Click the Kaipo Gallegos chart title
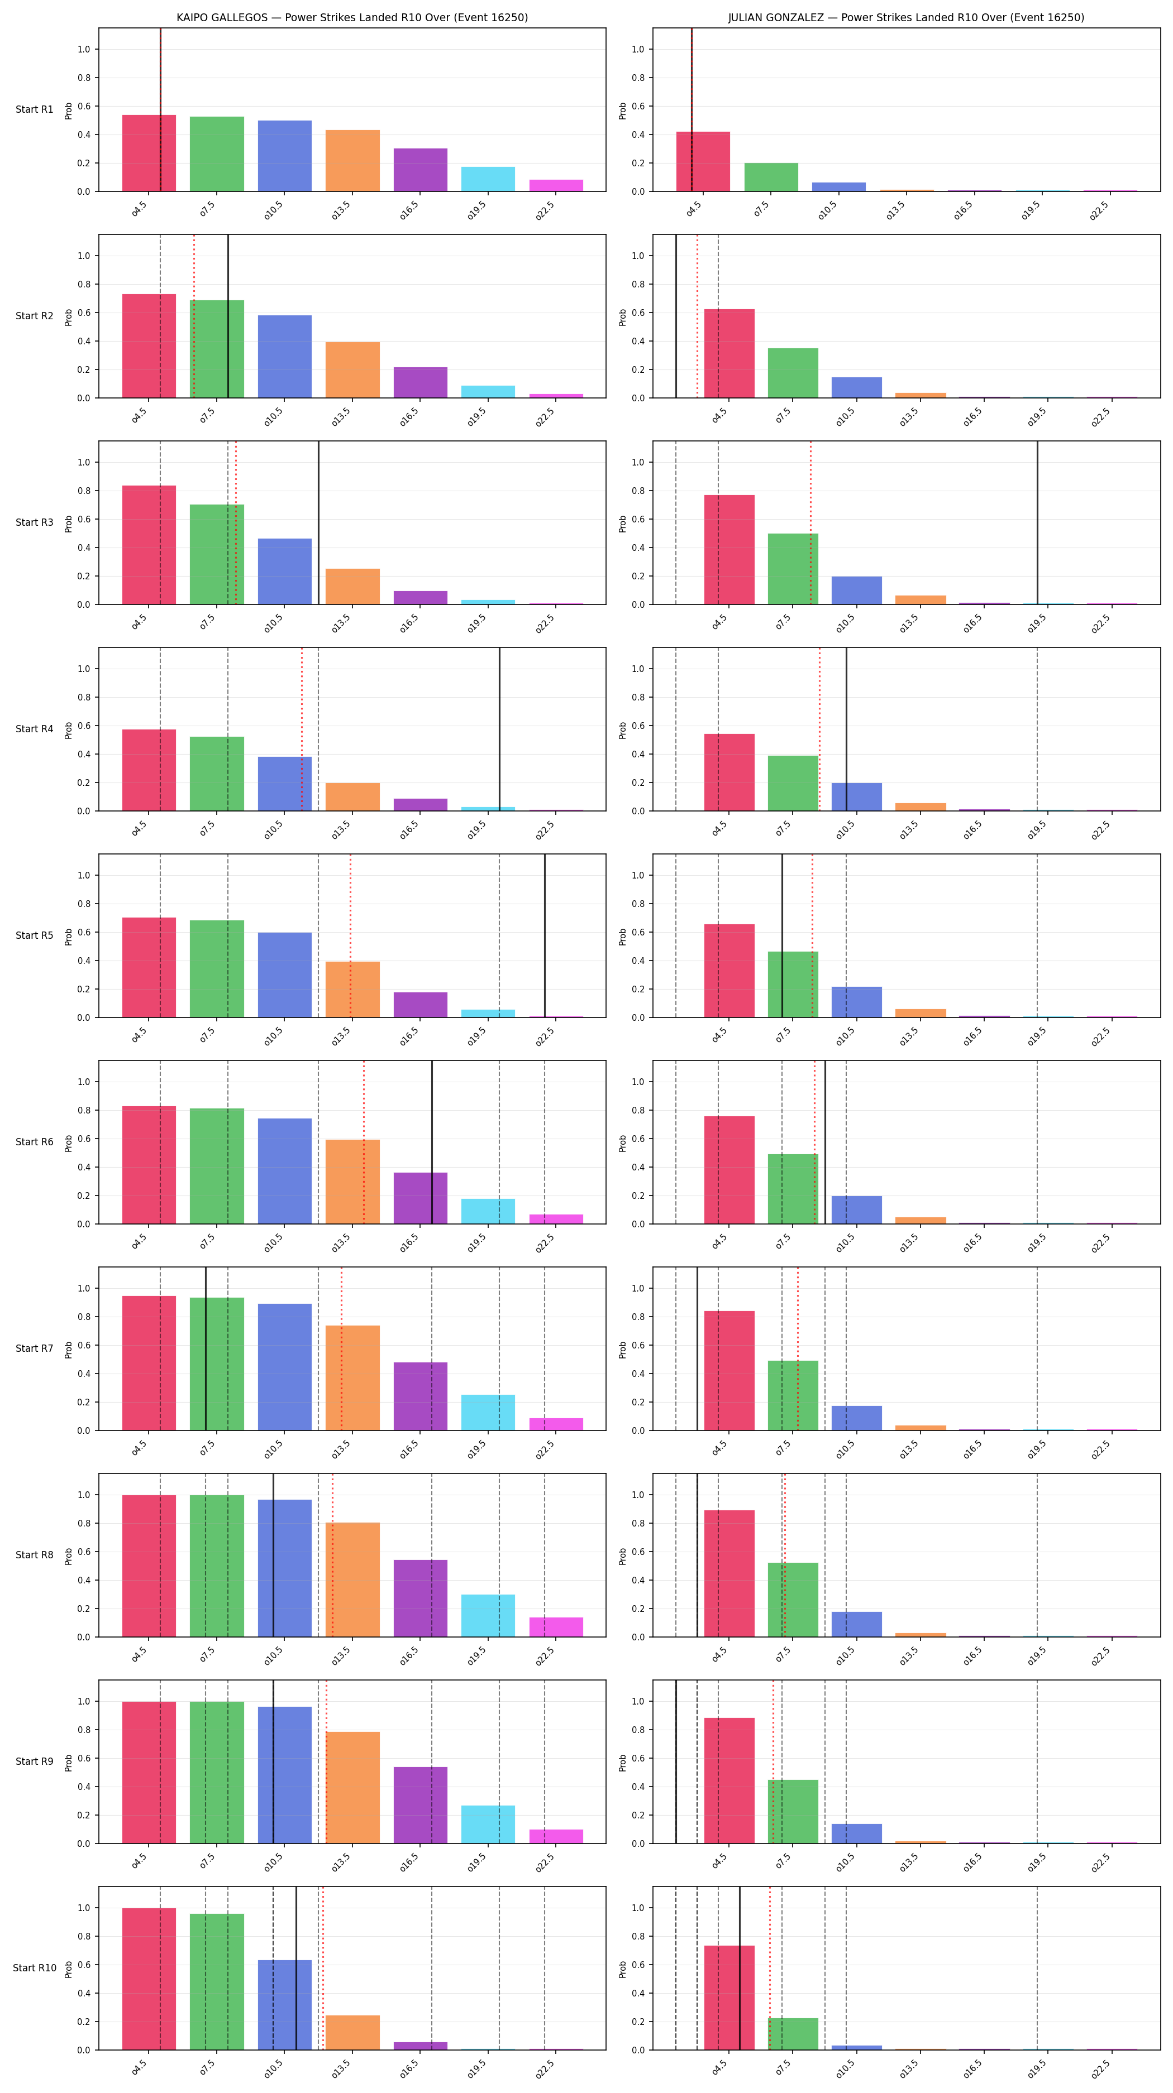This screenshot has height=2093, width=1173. tap(352, 17)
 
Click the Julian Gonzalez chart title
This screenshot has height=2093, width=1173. tap(905, 17)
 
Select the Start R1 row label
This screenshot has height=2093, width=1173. tap(34, 110)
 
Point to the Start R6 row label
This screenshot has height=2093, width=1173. tap(34, 1141)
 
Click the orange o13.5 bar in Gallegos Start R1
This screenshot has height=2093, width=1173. tap(352, 161)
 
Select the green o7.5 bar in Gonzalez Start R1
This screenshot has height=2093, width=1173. tap(771, 177)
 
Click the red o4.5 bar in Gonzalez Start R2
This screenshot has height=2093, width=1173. tap(729, 353)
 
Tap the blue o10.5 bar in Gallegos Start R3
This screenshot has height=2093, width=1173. tap(284, 571)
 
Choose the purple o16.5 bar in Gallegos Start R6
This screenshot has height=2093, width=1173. tap(420, 1198)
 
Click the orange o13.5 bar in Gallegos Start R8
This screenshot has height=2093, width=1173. tap(352, 1580)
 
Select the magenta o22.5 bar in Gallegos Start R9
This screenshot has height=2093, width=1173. tap(556, 1836)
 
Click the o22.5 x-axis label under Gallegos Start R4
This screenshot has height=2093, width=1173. tap(545, 829)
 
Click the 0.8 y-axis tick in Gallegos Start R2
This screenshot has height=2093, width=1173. tap(84, 285)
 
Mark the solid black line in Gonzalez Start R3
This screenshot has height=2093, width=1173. tap(1037, 522)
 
